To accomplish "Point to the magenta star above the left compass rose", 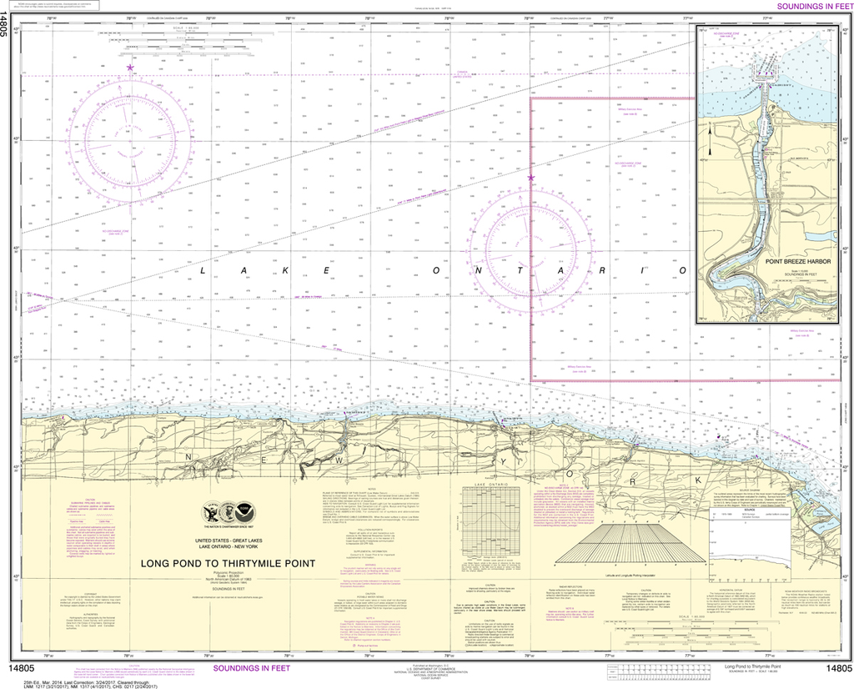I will pyautogui.click(x=129, y=68).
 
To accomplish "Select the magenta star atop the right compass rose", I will pyautogui.click(x=530, y=178).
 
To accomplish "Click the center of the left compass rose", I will pyautogui.click(x=129, y=141).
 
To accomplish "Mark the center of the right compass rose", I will pyautogui.click(x=530, y=249).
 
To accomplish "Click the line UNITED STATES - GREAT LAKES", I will pyautogui.click(x=227, y=541).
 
